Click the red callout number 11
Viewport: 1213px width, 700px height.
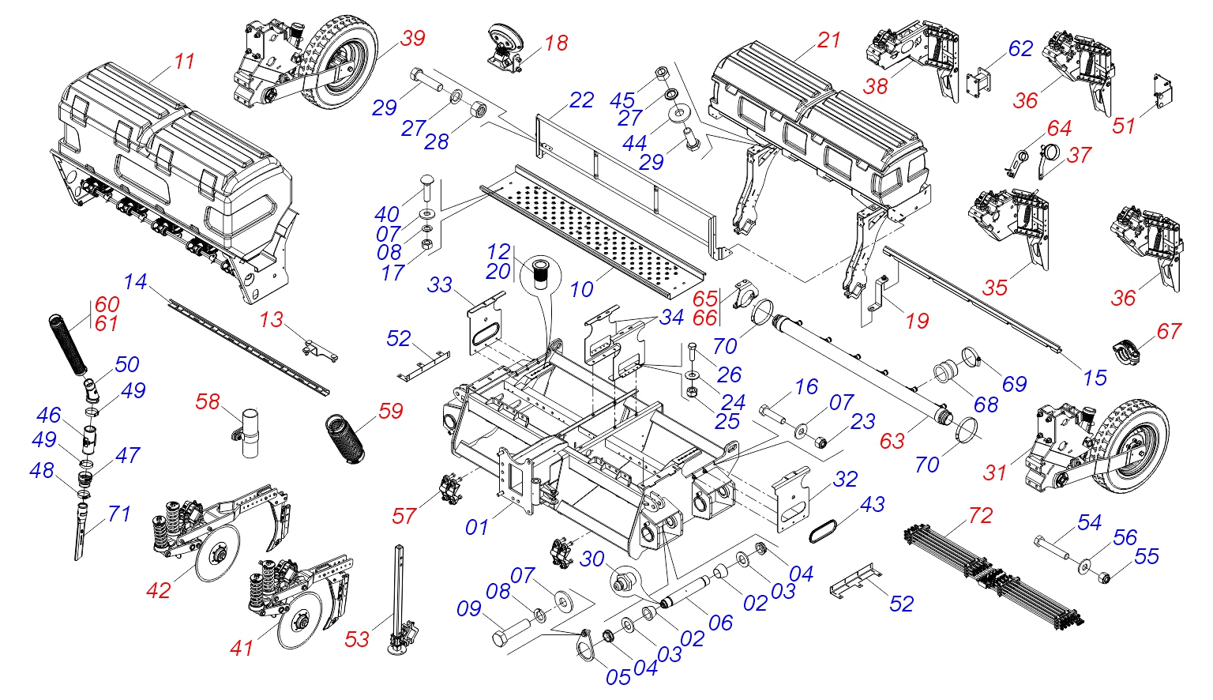[x=184, y=61]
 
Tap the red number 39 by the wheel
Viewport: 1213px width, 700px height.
[x=413, y=39]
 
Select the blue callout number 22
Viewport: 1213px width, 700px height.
[x=581, y=100]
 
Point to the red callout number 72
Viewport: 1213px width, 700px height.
[x=980, y=515]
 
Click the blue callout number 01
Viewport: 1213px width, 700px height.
[x=477, y=527]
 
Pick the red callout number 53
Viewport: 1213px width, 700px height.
[x=358, y=640]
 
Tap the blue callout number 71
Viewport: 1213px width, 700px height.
[x=119, y=514]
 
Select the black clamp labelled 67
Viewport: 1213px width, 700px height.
[x=1125, y=352]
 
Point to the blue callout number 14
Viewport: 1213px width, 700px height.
[x=135, y=282]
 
